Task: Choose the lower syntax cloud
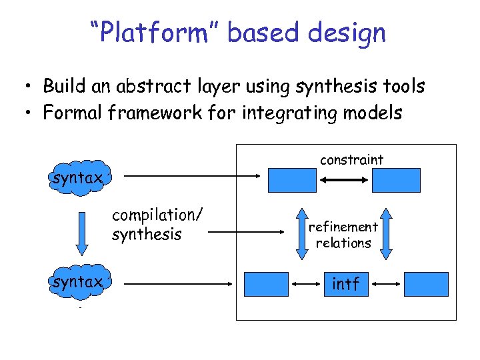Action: pyautogui.click(x=77, y=283)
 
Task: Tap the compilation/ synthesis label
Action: pyautogui.click(x=157, y=224)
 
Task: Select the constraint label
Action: pyautogui.click(x=351, y=159)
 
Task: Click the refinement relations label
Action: pyautogui.click(x=343, y=235)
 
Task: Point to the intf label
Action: pyautogui.click(x=345, y=284)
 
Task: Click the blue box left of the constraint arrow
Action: pyautogui.click(x=292, y=180)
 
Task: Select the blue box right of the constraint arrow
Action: pyautogui.click(x=396, y=180)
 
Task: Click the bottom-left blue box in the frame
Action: pyautogui.click(x=266, y=284)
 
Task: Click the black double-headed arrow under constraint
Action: pyautogui.click(x=344, y=180)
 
